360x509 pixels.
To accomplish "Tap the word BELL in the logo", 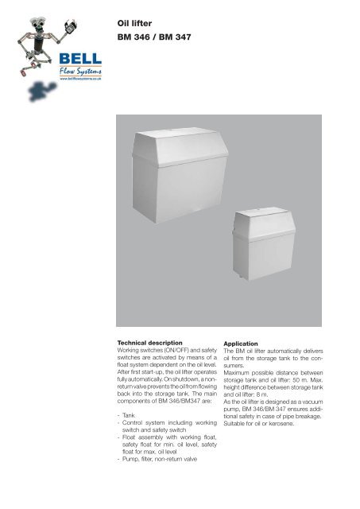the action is pyautogui.click(x=79, y=60).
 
